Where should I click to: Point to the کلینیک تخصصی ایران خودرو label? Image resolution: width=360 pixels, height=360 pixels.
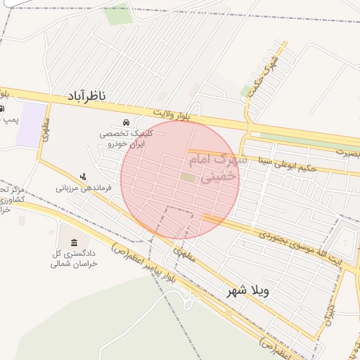pos(121,138)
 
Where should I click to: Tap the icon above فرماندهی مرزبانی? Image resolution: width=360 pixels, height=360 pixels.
pos(84,176)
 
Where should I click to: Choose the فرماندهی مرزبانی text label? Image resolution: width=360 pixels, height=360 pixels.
pos(84,188)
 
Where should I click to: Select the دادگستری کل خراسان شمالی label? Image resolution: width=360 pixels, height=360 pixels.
pos(74,257)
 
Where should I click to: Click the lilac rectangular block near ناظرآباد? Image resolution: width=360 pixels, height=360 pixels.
pos(31,124)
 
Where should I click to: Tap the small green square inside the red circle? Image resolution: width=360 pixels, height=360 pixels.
pos(187,177)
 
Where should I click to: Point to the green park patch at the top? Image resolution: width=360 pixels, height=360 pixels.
pos(117,13)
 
